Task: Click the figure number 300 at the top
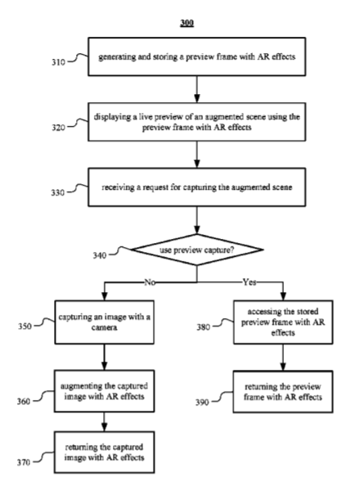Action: [187, 23]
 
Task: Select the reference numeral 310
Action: [58, 62]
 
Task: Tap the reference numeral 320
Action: [58, 128]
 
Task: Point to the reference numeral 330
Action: [57, 192]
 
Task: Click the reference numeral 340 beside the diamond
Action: [100, 255]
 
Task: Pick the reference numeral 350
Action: [25, 326]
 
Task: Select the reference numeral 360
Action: [24, 402]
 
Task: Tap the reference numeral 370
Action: [24, 462]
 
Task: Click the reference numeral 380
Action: [203, 327]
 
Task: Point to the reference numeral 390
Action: [202, 403]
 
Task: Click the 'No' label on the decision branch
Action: [150, 282]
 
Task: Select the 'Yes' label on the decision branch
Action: [250, 282]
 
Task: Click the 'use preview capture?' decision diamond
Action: [197, 250]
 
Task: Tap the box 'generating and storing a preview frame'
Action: [196, 56]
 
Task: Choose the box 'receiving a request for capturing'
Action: [196, 187]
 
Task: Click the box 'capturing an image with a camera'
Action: [104, 322]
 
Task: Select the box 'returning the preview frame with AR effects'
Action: [283, 391]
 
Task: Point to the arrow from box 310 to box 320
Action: [196, 89]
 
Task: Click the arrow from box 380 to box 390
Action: [283, 357]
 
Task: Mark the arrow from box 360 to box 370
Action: [104, 421]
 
